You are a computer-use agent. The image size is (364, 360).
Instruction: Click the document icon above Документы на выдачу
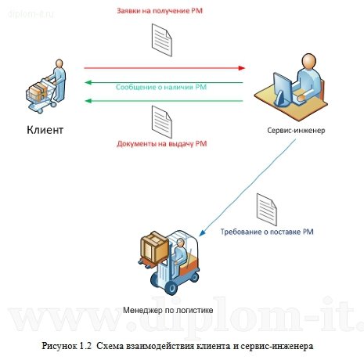[x=162, y=119]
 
